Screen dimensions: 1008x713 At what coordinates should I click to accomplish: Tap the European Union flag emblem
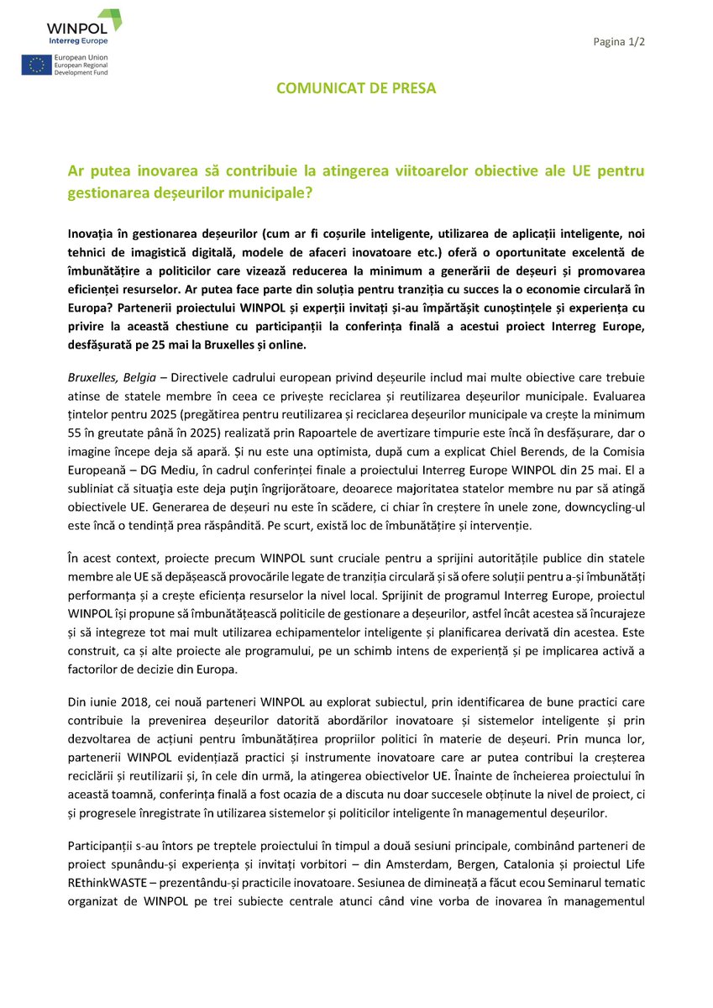pyautogui.click(x=35, y=65)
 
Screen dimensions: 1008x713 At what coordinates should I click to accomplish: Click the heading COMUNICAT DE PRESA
pyautogui.click(x=357, y=87)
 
